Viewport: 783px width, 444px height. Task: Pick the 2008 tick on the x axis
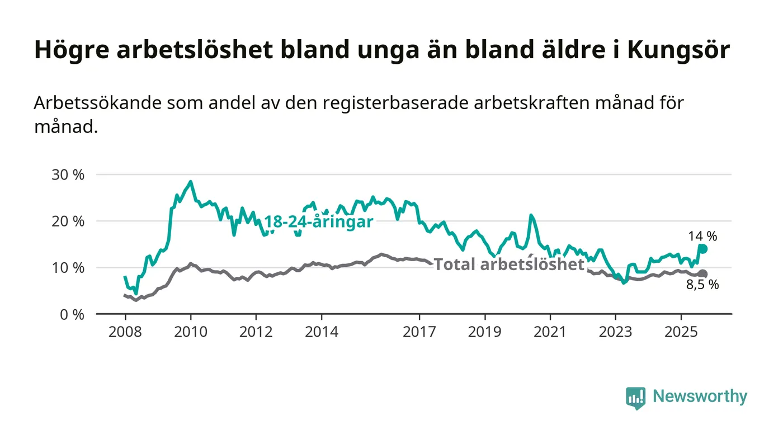[125, 332]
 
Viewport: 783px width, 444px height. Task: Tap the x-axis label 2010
[190, 332]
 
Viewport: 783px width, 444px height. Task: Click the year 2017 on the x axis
[419, 332]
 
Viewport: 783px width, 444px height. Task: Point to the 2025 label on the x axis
[681, 332]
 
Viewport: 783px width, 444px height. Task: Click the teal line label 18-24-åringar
[318, 222]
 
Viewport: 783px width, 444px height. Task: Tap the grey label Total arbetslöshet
[509, 264]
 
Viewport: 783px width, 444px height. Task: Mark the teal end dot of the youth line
[703, 249]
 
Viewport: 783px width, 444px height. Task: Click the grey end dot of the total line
[703, 273]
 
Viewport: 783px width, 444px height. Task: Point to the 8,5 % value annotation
[702, 285]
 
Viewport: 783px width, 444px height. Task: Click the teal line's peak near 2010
[191, 182]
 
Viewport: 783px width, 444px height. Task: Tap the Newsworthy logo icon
[635, 398]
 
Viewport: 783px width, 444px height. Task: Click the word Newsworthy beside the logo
[700, 396]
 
